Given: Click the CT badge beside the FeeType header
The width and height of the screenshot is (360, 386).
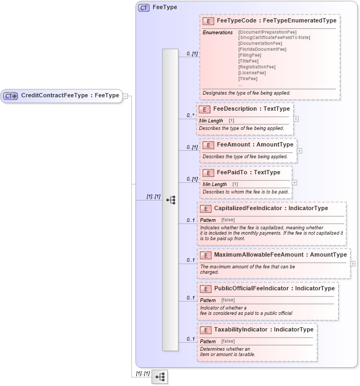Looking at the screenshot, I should (x=144, y=8).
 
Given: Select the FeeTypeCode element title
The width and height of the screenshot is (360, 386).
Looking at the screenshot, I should (x=276, y=21).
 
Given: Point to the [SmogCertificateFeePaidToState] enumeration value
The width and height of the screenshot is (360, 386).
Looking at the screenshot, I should (x=274, y=37).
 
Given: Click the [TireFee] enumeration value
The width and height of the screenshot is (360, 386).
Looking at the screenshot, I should (x=248, y=79).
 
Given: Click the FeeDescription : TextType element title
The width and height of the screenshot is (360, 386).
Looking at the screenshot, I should (x=251, y=109).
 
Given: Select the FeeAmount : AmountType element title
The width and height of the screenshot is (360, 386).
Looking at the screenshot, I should (x=255, y=145).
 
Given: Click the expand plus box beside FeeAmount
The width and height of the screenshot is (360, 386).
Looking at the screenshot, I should (x=299, y=151).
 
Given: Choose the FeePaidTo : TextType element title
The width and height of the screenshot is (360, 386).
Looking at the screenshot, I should (x=248, y=173).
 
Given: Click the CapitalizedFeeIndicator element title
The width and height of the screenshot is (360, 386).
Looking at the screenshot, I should (x=271, y=208).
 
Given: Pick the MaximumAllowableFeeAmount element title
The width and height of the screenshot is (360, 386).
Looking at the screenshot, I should (x=280, y=255).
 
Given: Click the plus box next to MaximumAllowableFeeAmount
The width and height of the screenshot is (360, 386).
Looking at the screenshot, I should (x=353, y=264).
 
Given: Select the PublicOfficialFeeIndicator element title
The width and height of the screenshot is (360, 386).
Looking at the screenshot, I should (x=274, y=289).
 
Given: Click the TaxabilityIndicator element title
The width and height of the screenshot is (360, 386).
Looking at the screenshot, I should (x=263, y=330).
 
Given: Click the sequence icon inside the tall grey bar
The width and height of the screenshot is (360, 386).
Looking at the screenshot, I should (x=170, y=200).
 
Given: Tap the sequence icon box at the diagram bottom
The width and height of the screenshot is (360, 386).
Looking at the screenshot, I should (x=159, y=377).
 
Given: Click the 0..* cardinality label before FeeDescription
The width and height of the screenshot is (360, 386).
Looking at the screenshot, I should (x=190, y=115).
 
